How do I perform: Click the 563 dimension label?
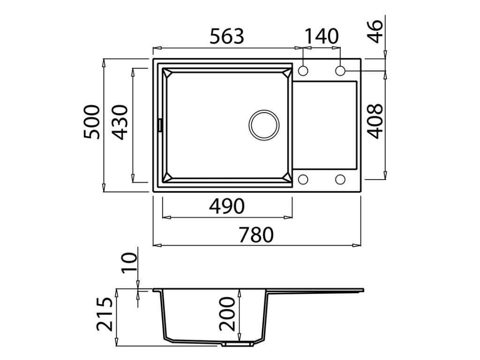[226, 36]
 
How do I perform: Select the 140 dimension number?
[322, 36]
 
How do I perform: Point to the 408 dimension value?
[375, 121]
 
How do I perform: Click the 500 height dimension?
[92, 121]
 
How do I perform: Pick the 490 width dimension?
[227, 206]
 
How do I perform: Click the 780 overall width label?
[256, 234]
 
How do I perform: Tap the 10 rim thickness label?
[129, 262]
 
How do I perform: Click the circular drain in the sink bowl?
[264, 125]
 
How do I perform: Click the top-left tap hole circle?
[303, 71]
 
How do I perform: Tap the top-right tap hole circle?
[341, 71]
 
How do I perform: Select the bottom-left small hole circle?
[303, 180]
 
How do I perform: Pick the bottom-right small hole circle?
[341, 180]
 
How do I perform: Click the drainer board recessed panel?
[325, 125]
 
